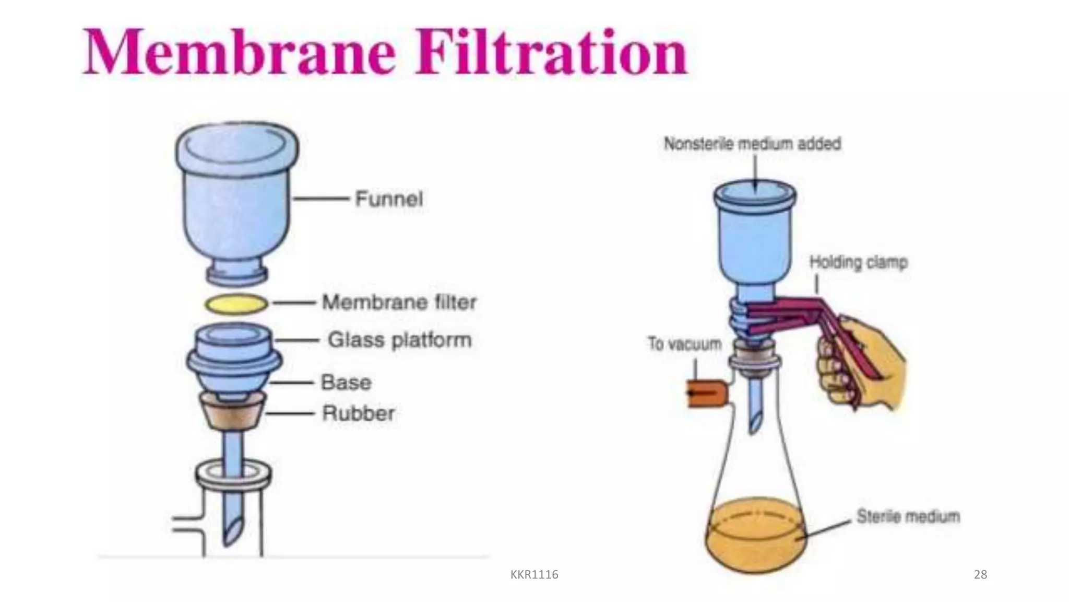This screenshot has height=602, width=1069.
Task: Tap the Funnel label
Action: point(389,199)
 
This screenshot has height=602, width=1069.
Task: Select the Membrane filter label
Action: point(399,302)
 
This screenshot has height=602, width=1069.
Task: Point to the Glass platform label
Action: point(400,340)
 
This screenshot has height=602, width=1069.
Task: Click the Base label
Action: point(346,383)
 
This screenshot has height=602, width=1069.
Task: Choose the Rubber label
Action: point(358,413)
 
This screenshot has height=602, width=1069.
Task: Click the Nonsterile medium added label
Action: point(752,144)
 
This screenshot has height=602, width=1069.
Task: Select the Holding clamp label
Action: point(859,262)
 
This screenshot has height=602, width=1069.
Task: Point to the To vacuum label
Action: point(685,344)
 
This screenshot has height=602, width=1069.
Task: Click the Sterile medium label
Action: point(908,516)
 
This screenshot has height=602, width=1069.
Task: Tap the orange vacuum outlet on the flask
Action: point(706,394)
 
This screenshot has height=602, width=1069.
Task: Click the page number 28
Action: point(981,575)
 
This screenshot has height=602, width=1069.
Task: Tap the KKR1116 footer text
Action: point(534,575)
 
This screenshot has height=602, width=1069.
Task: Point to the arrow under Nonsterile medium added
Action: point(755,173)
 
